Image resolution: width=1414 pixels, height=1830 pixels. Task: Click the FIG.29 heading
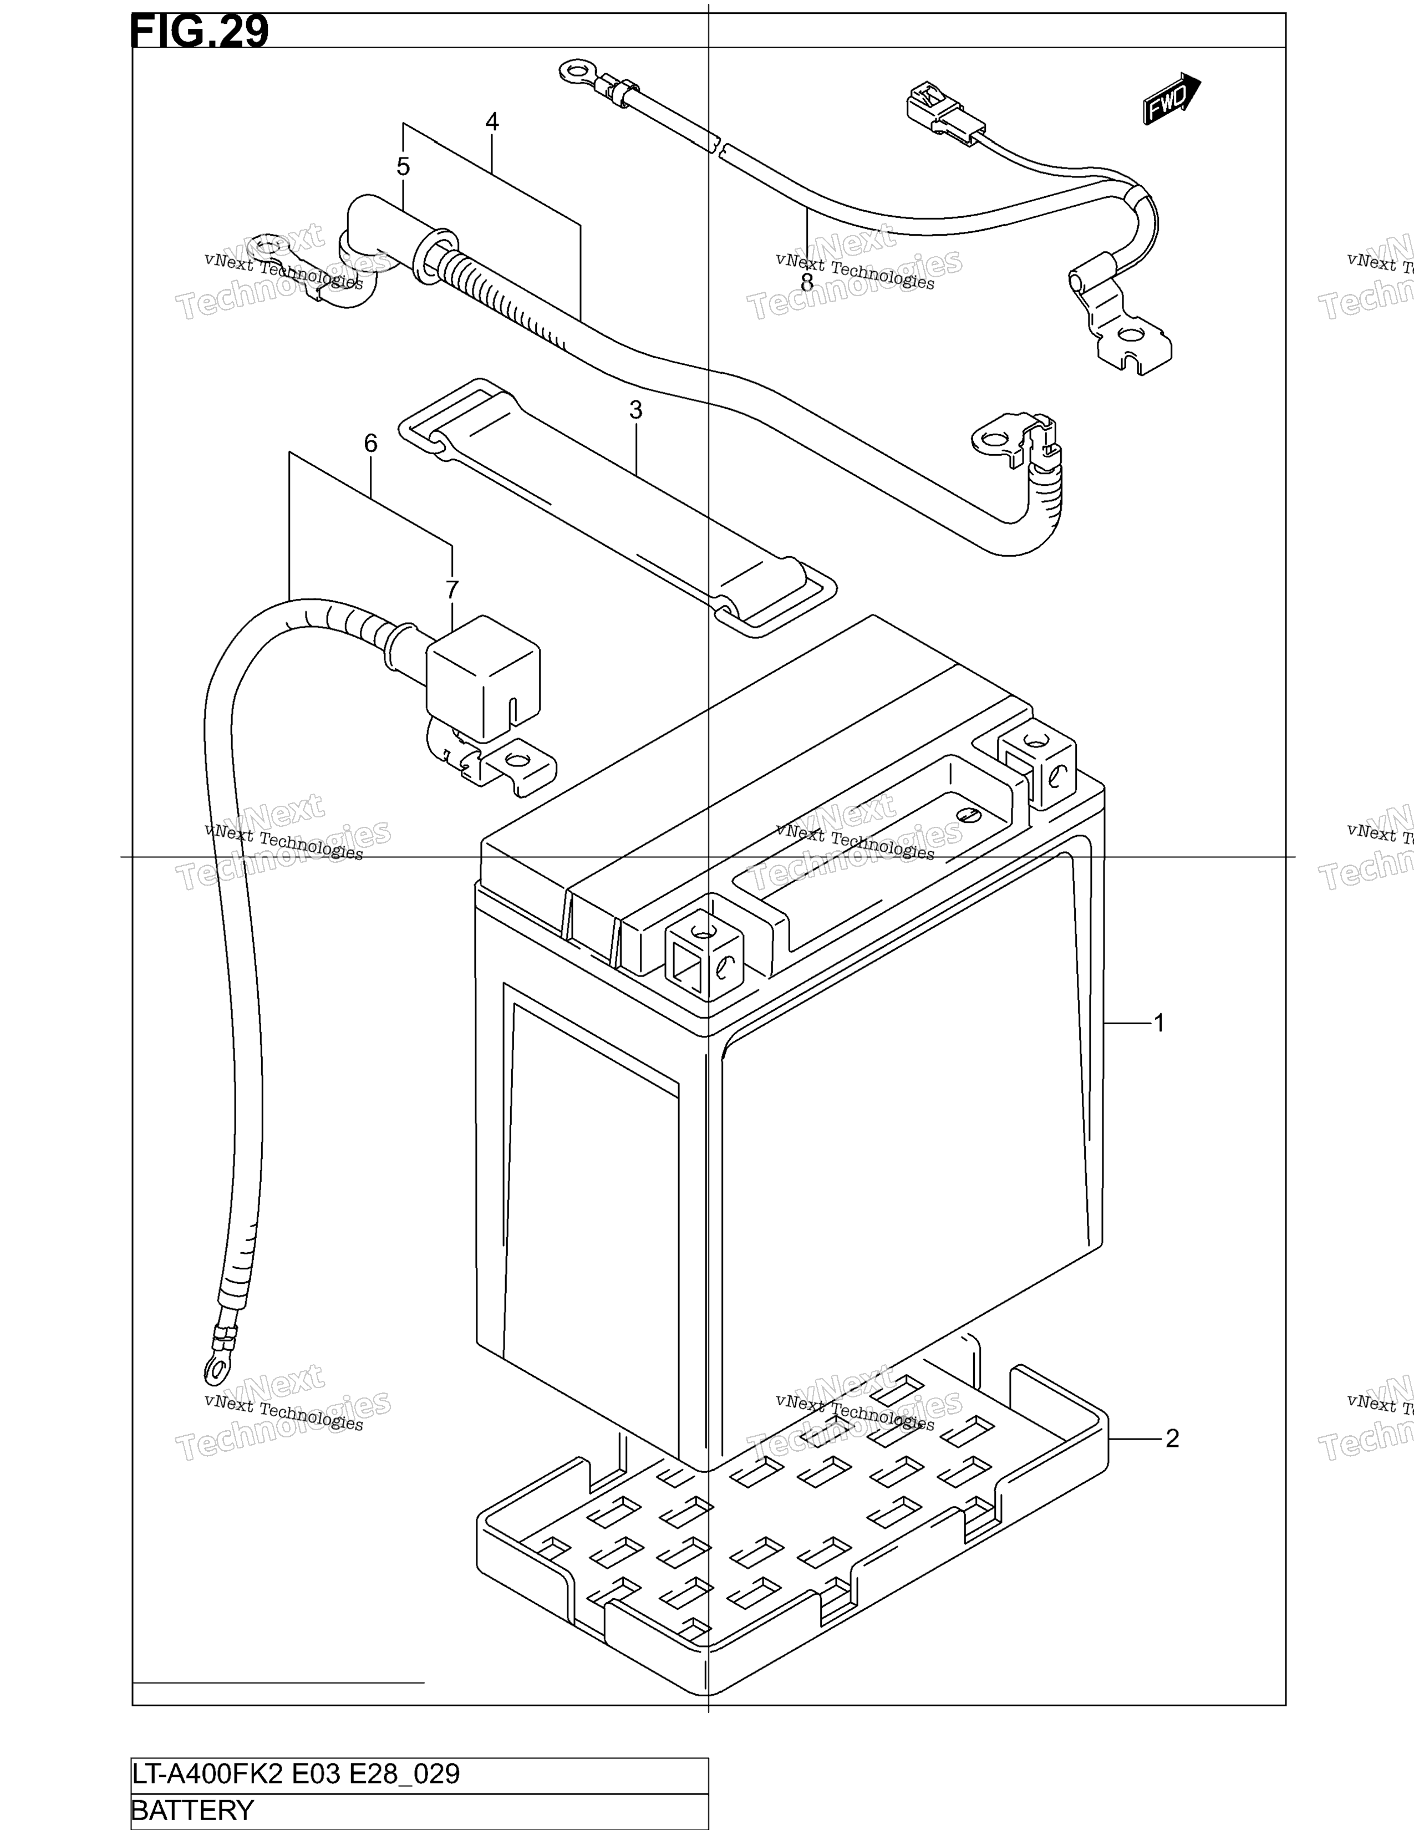[200, 31]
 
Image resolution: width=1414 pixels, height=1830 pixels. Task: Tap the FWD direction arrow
[1172, 98]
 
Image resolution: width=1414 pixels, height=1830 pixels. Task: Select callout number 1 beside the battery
[1159, 1023]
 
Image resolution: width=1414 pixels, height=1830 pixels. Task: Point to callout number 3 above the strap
[636, 410]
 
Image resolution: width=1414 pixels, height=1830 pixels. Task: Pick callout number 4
[492, 123]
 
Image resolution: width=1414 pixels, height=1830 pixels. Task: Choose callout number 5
[403, 167]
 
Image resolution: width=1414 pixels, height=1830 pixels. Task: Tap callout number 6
[370, 443]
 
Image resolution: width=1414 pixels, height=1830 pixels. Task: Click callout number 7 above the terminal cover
[452, 591]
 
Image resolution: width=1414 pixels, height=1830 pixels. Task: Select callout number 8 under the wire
[807, 282]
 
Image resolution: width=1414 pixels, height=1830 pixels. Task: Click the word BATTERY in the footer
[192, 1810]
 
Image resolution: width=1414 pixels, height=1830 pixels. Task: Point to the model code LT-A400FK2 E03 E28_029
[296, 1774]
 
